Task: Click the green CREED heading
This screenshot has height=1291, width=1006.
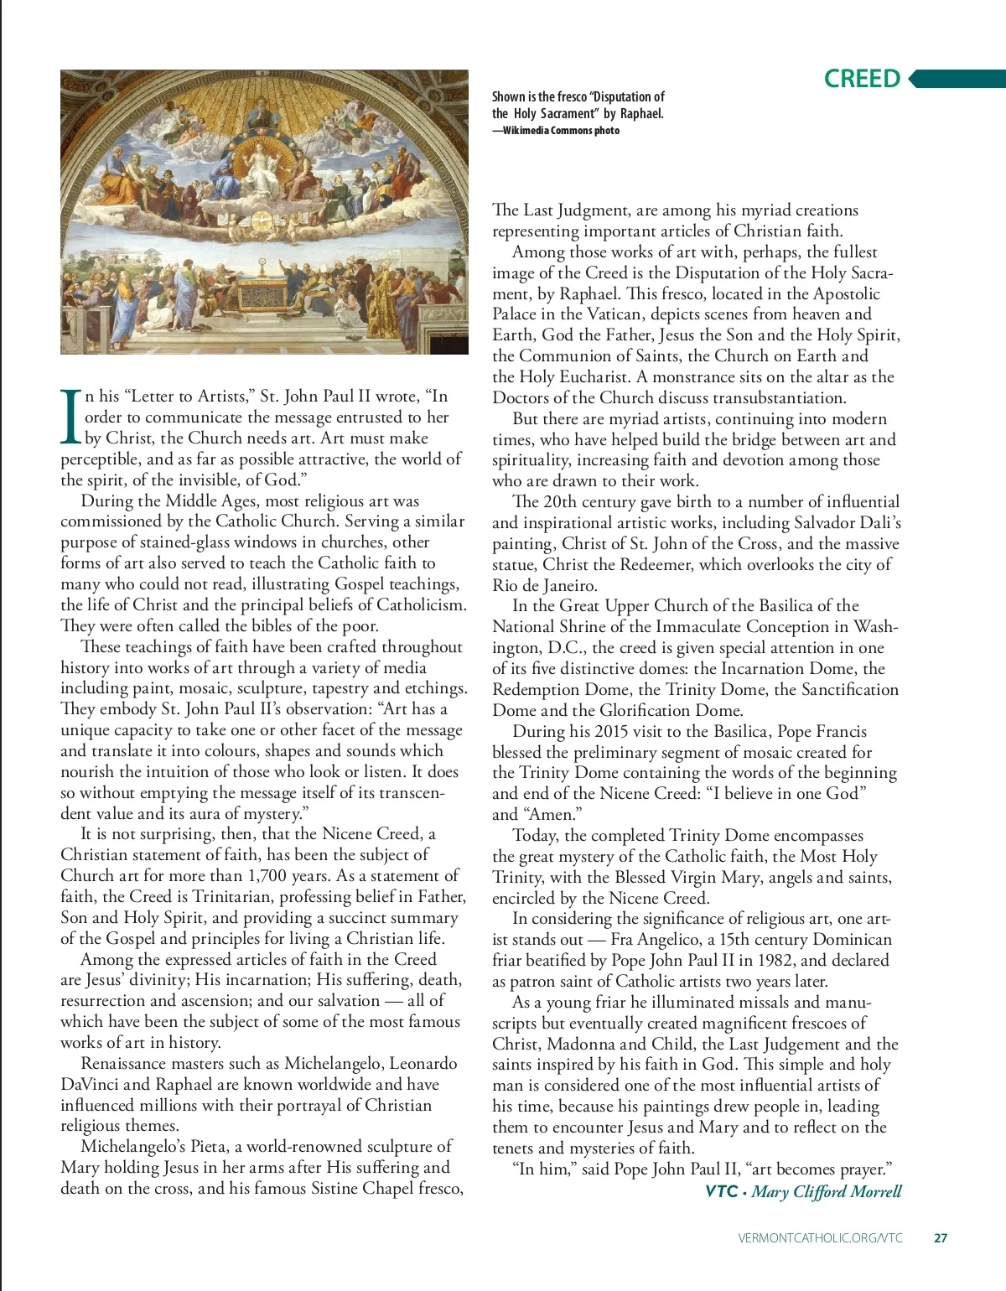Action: click(x=862, y=79)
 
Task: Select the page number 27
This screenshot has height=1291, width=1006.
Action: click(x=941, y=1237)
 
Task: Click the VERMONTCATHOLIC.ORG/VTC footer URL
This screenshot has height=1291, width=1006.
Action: click(x=821, y=1237)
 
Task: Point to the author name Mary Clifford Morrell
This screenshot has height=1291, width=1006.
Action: click(x=827, y=1191)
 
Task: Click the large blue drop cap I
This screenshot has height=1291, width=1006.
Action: click(x=70, y=417)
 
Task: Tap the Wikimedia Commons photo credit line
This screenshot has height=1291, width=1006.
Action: click(x=556, y=130)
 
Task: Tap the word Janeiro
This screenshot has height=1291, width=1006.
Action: click(x=563, y=585)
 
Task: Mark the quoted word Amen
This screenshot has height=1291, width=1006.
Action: click(x=550, y=814)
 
